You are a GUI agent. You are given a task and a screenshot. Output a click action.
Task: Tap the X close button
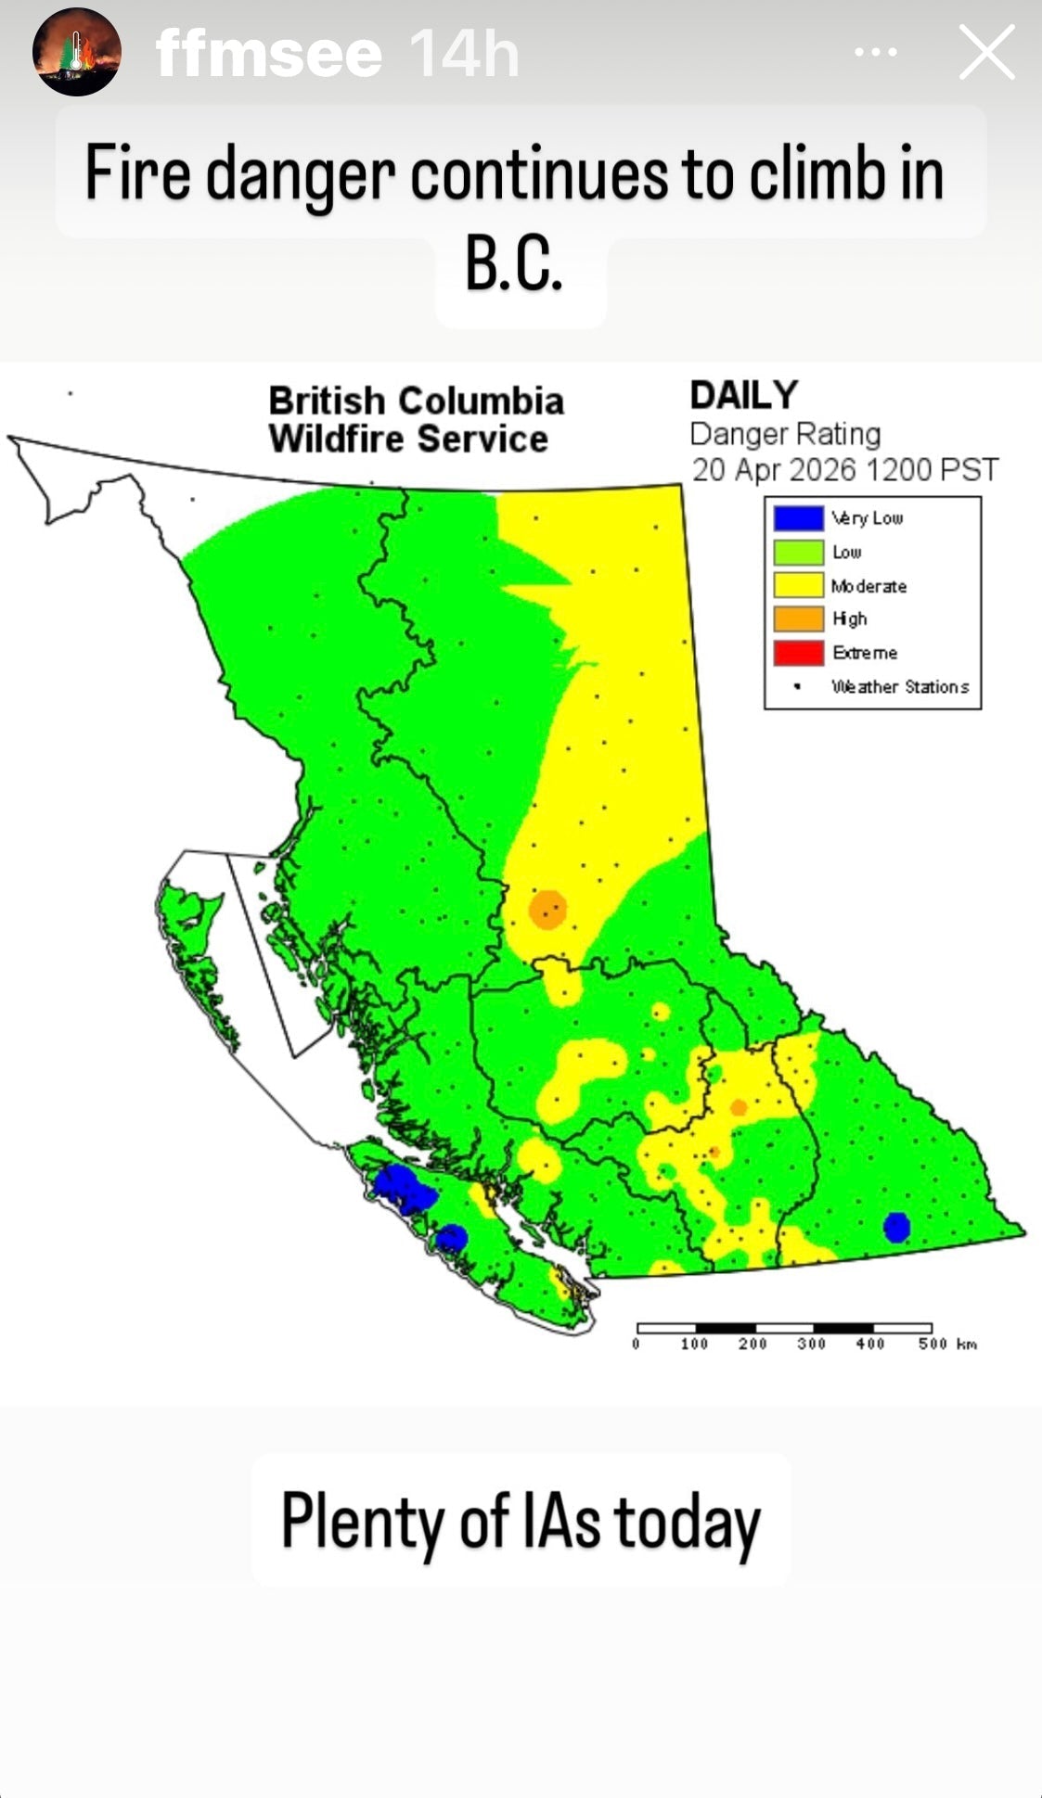(x=986, y=53)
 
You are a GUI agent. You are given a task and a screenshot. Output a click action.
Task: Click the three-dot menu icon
(x=876, y=53)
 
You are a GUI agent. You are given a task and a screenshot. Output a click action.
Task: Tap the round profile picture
(x=77, y=52)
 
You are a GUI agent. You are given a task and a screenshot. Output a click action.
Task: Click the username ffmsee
(x=269, y=54)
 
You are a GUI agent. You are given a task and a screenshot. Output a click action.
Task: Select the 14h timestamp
(x=464, y=54)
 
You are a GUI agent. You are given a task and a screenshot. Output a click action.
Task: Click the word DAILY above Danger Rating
(x=743, y=396)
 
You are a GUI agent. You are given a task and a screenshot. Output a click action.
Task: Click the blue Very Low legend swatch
(x=799, y=518)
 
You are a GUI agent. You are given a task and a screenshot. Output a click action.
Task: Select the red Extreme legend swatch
(x=799, y=653)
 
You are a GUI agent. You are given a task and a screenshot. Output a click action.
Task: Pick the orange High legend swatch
(x=799, y=618)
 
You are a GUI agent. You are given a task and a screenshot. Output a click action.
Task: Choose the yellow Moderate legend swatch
(x=799, y=585)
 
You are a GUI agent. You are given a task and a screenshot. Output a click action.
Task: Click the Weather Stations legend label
(x=900, y=687)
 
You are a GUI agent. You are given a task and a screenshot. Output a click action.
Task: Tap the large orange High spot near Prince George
(x=547, y=909)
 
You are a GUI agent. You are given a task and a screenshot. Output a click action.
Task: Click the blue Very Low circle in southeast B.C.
(x=896, y=1227)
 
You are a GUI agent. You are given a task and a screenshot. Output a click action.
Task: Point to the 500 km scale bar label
(x=946, y=1344)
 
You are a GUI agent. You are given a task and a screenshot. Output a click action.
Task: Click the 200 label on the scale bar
(x=753, y=1344)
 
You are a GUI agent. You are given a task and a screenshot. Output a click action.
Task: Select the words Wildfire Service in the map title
(x=408, y=439)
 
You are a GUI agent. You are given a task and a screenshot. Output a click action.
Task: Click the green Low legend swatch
(x=799, y=552)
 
